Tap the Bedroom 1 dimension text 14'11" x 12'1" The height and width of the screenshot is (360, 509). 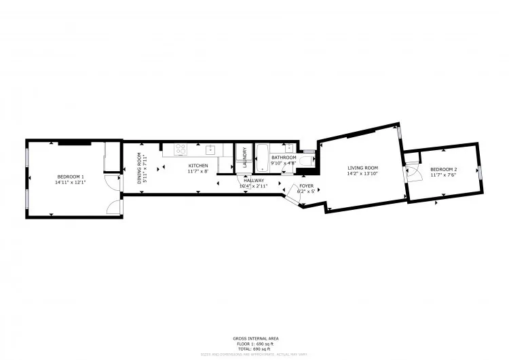pyautogui.click(x=70, y=182)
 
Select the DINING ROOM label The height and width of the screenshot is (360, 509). pyautogui.click(x=140, y=168)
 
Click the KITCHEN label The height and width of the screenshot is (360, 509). pyautogui.click(x=198, y=166)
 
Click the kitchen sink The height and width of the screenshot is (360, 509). pyautogui.click(x=211, y=149)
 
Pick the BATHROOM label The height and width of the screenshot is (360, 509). pyautogui.click(x=284, y=158)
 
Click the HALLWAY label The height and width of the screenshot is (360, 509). pyautogui.click(x=254, y=181)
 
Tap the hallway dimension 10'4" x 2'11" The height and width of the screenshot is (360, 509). pyautogui.click(x=254, y=185)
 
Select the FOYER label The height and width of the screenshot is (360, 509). pyautogui.click(x=306, y=185)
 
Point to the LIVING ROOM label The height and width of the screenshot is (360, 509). pyautogui.click(x=362, y=168)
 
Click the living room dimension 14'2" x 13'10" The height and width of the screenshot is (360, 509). pyautogui.click(x=362, y=173)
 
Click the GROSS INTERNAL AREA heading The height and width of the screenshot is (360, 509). pyautogui.click(x=254, y=338)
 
